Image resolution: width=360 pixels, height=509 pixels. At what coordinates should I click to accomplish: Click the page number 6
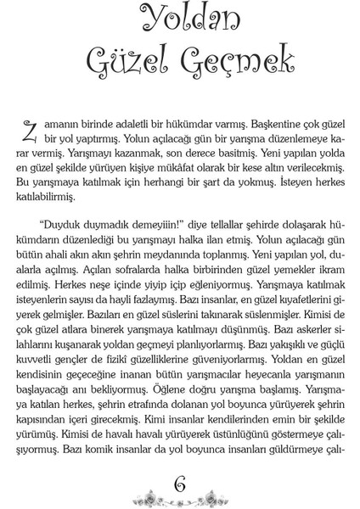point(179,484)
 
